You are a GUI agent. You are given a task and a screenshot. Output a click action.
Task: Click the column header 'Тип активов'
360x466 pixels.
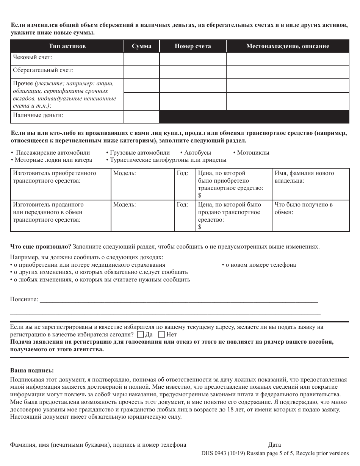[67, 46]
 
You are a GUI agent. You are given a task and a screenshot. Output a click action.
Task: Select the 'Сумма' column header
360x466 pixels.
[141, 46]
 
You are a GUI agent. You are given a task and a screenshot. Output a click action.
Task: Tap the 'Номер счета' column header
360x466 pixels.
[193, 46]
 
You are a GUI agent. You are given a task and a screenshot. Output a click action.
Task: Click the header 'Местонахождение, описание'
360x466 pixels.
[288, 46]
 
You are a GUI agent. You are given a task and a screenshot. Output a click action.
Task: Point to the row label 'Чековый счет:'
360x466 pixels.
[33, 57]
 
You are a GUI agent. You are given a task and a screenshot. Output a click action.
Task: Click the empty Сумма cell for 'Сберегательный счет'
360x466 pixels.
[141, 72]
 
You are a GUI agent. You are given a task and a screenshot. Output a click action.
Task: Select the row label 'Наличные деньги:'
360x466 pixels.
[38, 115]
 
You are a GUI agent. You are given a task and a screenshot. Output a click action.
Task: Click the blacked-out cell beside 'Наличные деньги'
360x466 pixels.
[254, 117]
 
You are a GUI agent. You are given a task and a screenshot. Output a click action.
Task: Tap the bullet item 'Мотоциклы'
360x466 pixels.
[253, 153]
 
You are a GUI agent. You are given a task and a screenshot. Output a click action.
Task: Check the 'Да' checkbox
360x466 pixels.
[140, 335]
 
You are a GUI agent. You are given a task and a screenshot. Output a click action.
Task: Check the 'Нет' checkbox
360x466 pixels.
[161, 335]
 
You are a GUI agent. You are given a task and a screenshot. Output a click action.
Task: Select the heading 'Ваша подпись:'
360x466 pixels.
[32, 370]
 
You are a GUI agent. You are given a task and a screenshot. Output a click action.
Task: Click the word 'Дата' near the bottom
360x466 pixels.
[274, 445]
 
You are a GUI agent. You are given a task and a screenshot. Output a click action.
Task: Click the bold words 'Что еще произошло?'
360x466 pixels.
[41, 246]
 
